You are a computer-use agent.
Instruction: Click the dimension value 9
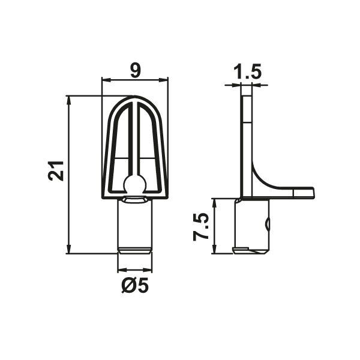[135, 70]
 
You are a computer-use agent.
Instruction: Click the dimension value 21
[56, 171]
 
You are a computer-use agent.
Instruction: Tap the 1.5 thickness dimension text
[247, 71]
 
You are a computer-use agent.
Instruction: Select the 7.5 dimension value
[201, 227]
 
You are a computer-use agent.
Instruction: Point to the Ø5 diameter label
[135, 286]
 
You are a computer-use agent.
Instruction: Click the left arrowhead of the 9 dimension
[106, 80]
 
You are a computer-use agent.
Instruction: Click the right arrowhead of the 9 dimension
[163, 80]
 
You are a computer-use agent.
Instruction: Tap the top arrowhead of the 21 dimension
[68, 100]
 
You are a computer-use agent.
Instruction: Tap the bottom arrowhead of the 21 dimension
[68, 249]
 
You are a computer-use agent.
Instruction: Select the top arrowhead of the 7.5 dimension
[214, 203]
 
